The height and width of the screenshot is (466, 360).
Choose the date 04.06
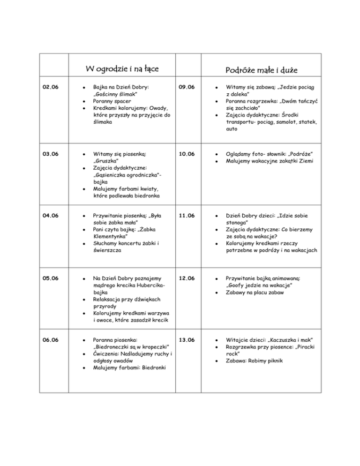(51, 216)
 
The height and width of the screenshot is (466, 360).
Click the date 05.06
(51, 278)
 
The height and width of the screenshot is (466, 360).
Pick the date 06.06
(51, 339)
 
